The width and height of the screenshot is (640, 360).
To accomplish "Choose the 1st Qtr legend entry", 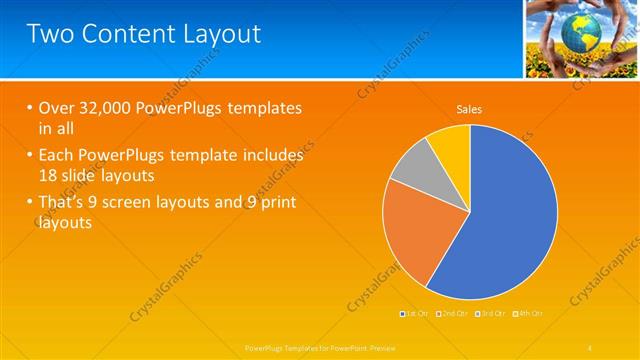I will pos(416,314).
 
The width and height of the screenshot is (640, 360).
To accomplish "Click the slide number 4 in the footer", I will pos(590,347).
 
